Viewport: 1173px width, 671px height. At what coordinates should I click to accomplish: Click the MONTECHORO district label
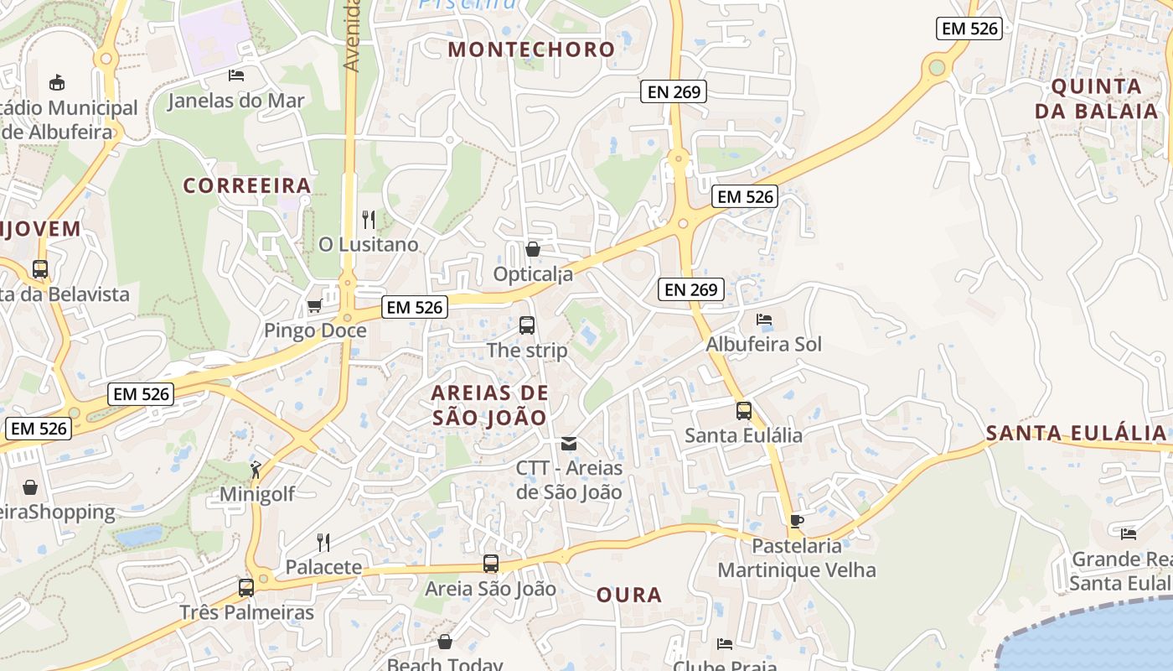pos(531,49)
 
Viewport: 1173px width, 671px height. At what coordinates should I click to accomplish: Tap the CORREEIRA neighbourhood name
pos(247,185)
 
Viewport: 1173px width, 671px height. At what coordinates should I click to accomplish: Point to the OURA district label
pos(629,596)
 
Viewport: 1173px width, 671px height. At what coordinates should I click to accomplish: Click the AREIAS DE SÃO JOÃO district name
pos(490,405)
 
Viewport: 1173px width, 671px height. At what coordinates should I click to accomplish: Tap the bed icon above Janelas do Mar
pos(236,75)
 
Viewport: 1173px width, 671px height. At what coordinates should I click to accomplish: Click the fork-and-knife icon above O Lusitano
pos(369,220)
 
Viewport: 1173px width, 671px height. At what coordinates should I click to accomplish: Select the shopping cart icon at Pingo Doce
pos(315,305)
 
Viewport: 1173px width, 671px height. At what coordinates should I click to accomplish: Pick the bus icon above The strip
pos(527,325)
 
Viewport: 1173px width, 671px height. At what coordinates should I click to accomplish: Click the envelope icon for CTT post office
pos(569,443)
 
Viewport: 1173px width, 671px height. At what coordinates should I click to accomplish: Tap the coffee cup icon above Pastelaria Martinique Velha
pos(797,522)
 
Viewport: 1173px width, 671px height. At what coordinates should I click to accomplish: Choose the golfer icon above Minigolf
pos(256,470)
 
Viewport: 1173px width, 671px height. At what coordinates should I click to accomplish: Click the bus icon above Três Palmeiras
pos(246,587)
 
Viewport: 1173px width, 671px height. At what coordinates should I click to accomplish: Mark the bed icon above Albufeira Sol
pos(764,320)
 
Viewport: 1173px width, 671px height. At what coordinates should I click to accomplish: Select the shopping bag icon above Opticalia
pos(532,249)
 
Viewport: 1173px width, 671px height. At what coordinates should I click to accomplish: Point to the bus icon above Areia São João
pos(491,564)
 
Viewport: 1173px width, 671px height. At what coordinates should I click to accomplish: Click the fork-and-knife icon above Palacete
pos(323,543)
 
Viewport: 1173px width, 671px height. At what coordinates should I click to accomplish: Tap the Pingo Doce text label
pos(315,330)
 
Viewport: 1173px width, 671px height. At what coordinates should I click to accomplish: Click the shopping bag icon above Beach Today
pos(445,642)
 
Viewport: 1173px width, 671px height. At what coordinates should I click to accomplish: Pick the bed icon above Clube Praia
pos(725,644)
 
